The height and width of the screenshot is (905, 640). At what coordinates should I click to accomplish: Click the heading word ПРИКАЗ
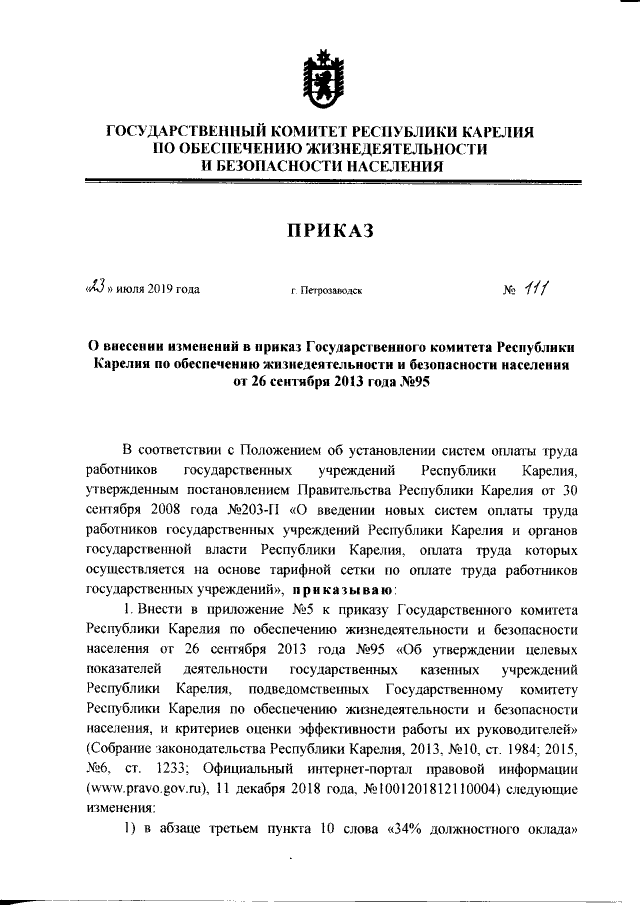(320, 232)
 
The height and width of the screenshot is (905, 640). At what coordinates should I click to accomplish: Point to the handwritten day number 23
(95, 289)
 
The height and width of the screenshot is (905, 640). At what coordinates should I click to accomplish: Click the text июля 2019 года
(159, 291)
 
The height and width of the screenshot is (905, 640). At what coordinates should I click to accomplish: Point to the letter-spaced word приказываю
(349, 589)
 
